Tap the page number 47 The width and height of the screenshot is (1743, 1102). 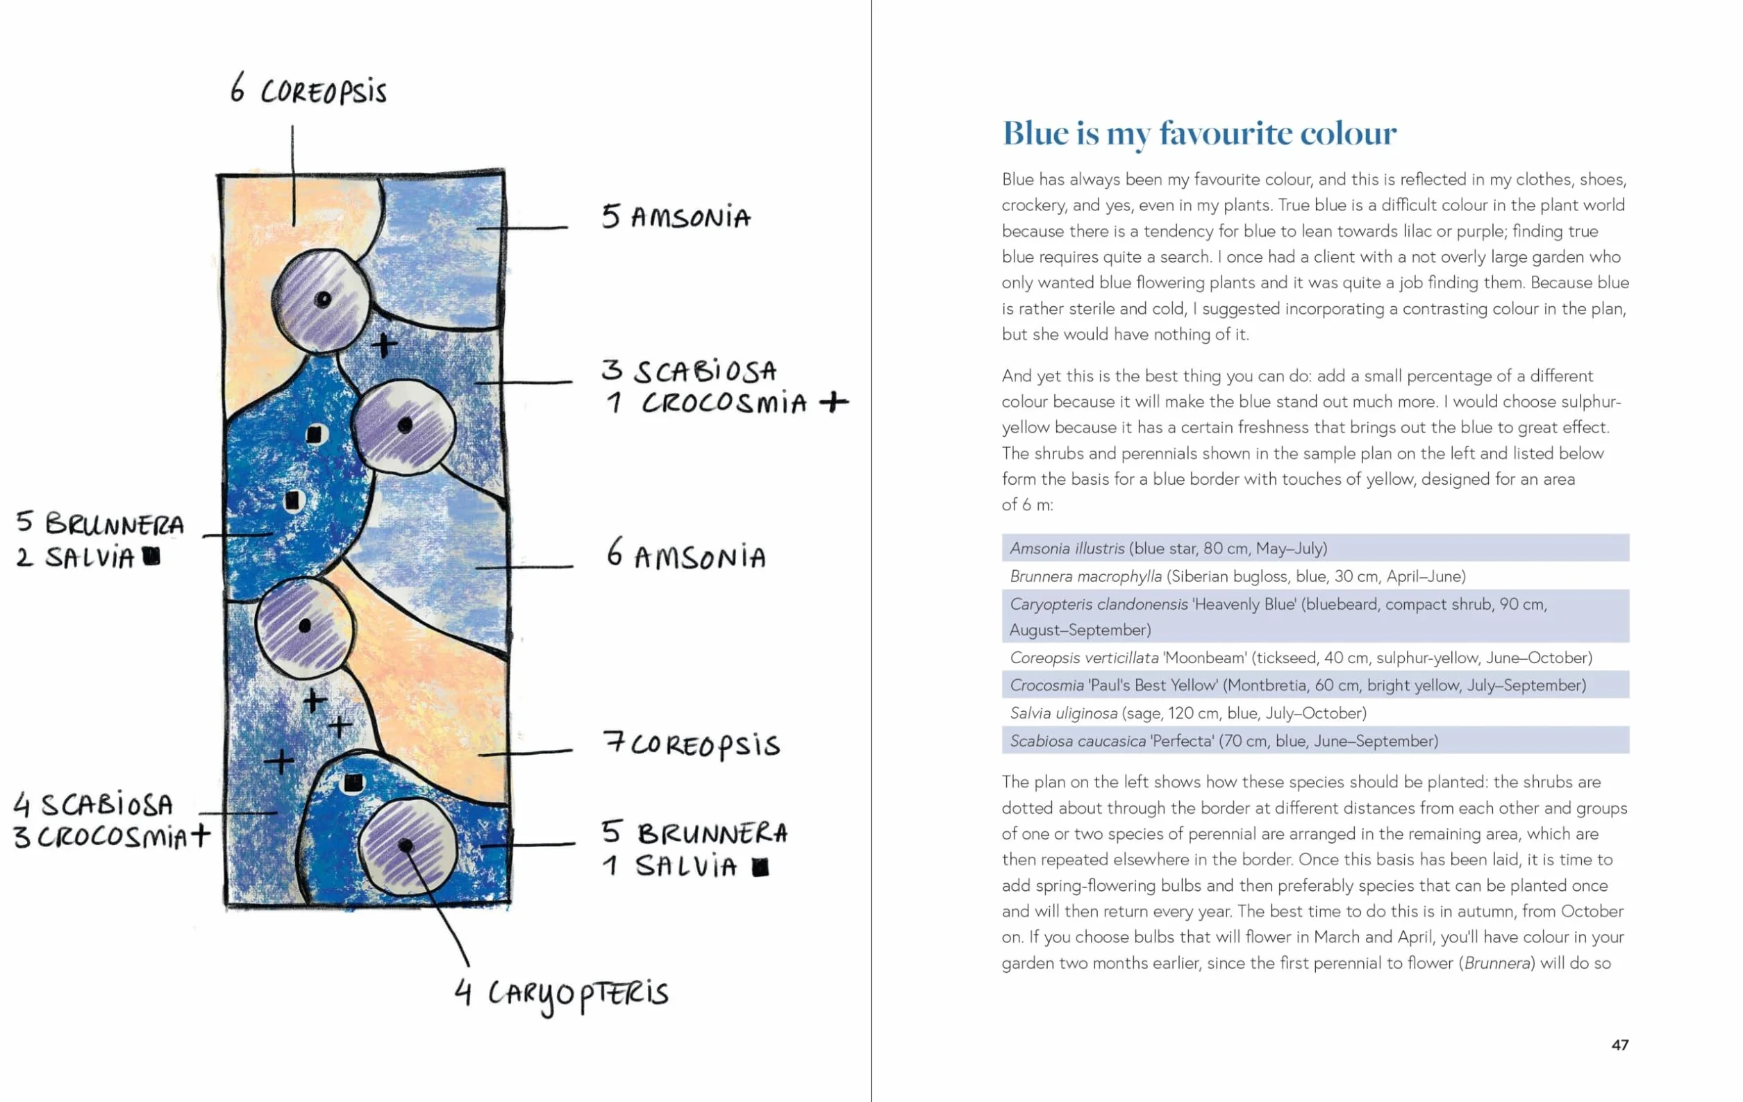(1620, 1044)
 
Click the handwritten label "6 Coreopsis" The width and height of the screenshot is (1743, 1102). (308, 90)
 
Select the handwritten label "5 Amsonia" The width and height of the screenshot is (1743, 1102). (676, 217)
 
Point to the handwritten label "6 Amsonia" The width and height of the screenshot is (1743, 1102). (685, 554)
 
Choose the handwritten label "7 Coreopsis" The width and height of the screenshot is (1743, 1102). (691, 744)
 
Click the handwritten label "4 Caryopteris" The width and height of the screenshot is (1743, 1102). (561, 994)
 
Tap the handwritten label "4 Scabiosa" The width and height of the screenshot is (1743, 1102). (93, 805)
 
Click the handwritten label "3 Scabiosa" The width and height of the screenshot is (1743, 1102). (688, 371)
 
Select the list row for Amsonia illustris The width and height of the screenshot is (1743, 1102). (1315, 548)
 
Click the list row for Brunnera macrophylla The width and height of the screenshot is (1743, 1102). (1315, 576)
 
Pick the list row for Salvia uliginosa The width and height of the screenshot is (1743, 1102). (1315, 712)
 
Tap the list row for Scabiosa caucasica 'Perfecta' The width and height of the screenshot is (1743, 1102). (1315, 740)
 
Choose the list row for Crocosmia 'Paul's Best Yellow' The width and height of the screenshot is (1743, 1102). (1315, 685)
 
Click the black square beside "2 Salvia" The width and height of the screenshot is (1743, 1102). (151, 556)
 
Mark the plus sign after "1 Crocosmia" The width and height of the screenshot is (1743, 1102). (835, 401)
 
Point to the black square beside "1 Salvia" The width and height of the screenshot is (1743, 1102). (760, 867)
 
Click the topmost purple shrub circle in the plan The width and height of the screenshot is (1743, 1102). (322, 300)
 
